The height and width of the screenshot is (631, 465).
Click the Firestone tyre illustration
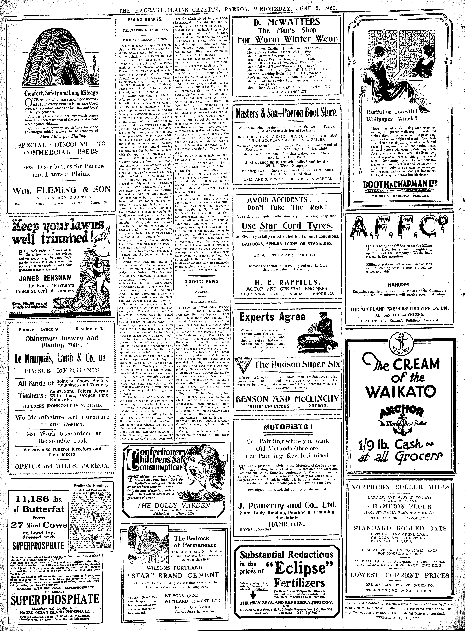click(61, 55)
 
